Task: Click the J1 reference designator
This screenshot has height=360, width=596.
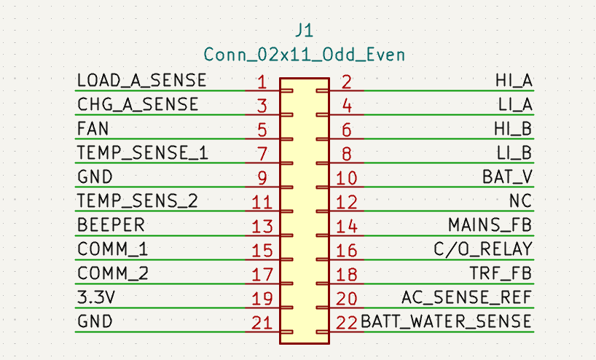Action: click(x=304, y=30)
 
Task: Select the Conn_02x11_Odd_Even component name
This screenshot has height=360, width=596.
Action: click(x=304, y=55)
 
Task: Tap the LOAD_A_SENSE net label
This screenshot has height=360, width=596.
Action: click(x=142, y=81)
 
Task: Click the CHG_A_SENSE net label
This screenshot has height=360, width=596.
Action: click(x=138, y=104)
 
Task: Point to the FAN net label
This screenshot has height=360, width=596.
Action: click(x=93, y=128)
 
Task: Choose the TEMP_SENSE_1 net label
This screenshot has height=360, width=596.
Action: click(x=143, y=153)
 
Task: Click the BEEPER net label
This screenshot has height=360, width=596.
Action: click(x=111, y=224)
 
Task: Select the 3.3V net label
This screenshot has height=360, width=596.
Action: click(x=95, y=297)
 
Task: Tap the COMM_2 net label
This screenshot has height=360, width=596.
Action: click(x=112, y=273)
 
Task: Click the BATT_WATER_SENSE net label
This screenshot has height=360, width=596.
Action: click(x=446, y=321)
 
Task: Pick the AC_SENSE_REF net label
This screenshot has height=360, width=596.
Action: click(x=467, y=297)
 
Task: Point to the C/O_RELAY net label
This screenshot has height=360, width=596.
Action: click(x=483, y=249)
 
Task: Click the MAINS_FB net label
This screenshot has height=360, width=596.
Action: click(x=490, y=225)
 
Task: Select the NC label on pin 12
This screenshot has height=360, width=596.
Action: click(x=521, y=200)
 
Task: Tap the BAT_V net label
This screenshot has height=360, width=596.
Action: click(x=507, y=177)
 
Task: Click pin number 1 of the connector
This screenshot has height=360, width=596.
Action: click(x=262, y=82)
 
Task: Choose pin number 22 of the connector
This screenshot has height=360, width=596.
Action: click(x=347, y=323)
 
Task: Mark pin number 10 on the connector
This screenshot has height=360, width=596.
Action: click(x=347, y=179)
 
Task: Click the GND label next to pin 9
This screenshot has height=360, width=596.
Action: click(x=95, y=177)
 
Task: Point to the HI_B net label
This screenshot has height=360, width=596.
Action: click(x=513, y=129)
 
